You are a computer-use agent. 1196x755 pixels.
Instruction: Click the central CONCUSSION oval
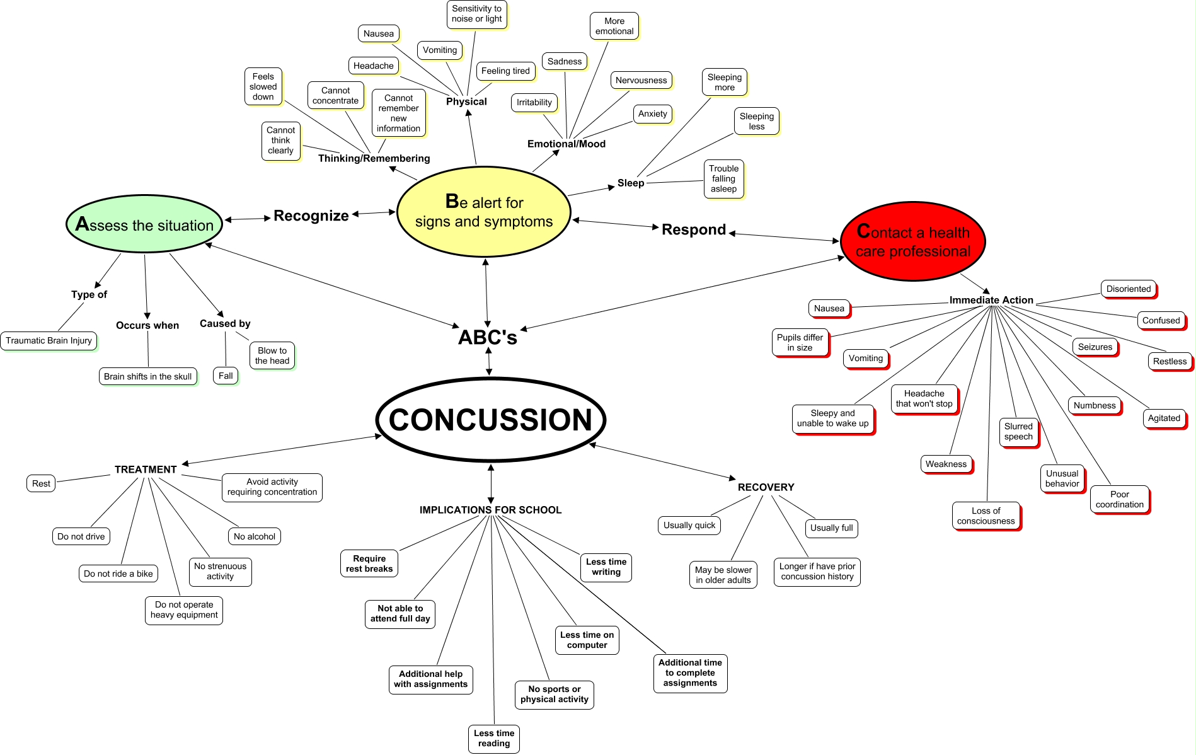(490, 420)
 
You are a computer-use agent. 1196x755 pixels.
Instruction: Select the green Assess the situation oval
(144, 224)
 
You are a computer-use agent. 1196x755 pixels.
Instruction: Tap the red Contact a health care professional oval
(912, 241)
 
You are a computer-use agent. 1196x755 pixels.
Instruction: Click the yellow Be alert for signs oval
(483, 212)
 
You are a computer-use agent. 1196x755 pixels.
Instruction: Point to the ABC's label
(487, 338)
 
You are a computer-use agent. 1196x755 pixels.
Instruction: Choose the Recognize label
(311, 216)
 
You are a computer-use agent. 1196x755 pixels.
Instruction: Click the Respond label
(693, 230)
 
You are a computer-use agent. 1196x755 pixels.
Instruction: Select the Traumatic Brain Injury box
(49, 341)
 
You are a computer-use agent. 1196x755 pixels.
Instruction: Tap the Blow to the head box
(272, 356)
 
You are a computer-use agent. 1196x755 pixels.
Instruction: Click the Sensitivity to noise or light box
(476, 14)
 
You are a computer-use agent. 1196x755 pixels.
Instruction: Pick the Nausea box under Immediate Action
(829, 309)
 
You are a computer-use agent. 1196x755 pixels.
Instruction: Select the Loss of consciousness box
(986, 516)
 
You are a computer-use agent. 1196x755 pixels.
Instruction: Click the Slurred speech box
(1018, 432)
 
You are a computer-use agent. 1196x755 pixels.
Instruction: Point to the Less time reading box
(493, 738)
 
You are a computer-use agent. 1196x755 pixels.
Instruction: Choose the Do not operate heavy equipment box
(184, 610)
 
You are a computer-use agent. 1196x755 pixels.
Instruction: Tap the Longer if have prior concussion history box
(817, 572)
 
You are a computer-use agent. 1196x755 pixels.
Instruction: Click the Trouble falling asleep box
(723, 179)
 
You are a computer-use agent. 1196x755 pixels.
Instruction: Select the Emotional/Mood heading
(566, 144)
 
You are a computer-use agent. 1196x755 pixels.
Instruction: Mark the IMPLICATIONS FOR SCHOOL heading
(490, 510)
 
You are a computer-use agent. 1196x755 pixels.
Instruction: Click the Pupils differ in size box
(800, 343)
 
